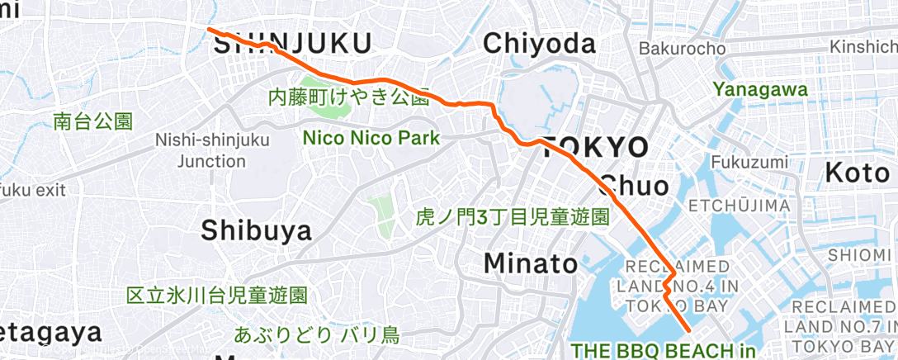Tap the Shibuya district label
[x=257, y=230]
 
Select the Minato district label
[x=530, y=263]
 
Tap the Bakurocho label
[x=682, y=49]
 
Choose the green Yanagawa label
[x=760, y=88]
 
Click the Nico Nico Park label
[x=371, y=138]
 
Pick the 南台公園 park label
[x=92, y=122]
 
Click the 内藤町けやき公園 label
[x=348, y=97]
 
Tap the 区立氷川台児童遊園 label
[x=217, y=295]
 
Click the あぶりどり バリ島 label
[x=316, y=335]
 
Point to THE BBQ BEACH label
[x=663, y=350]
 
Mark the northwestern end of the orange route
[x=209, y=30]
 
